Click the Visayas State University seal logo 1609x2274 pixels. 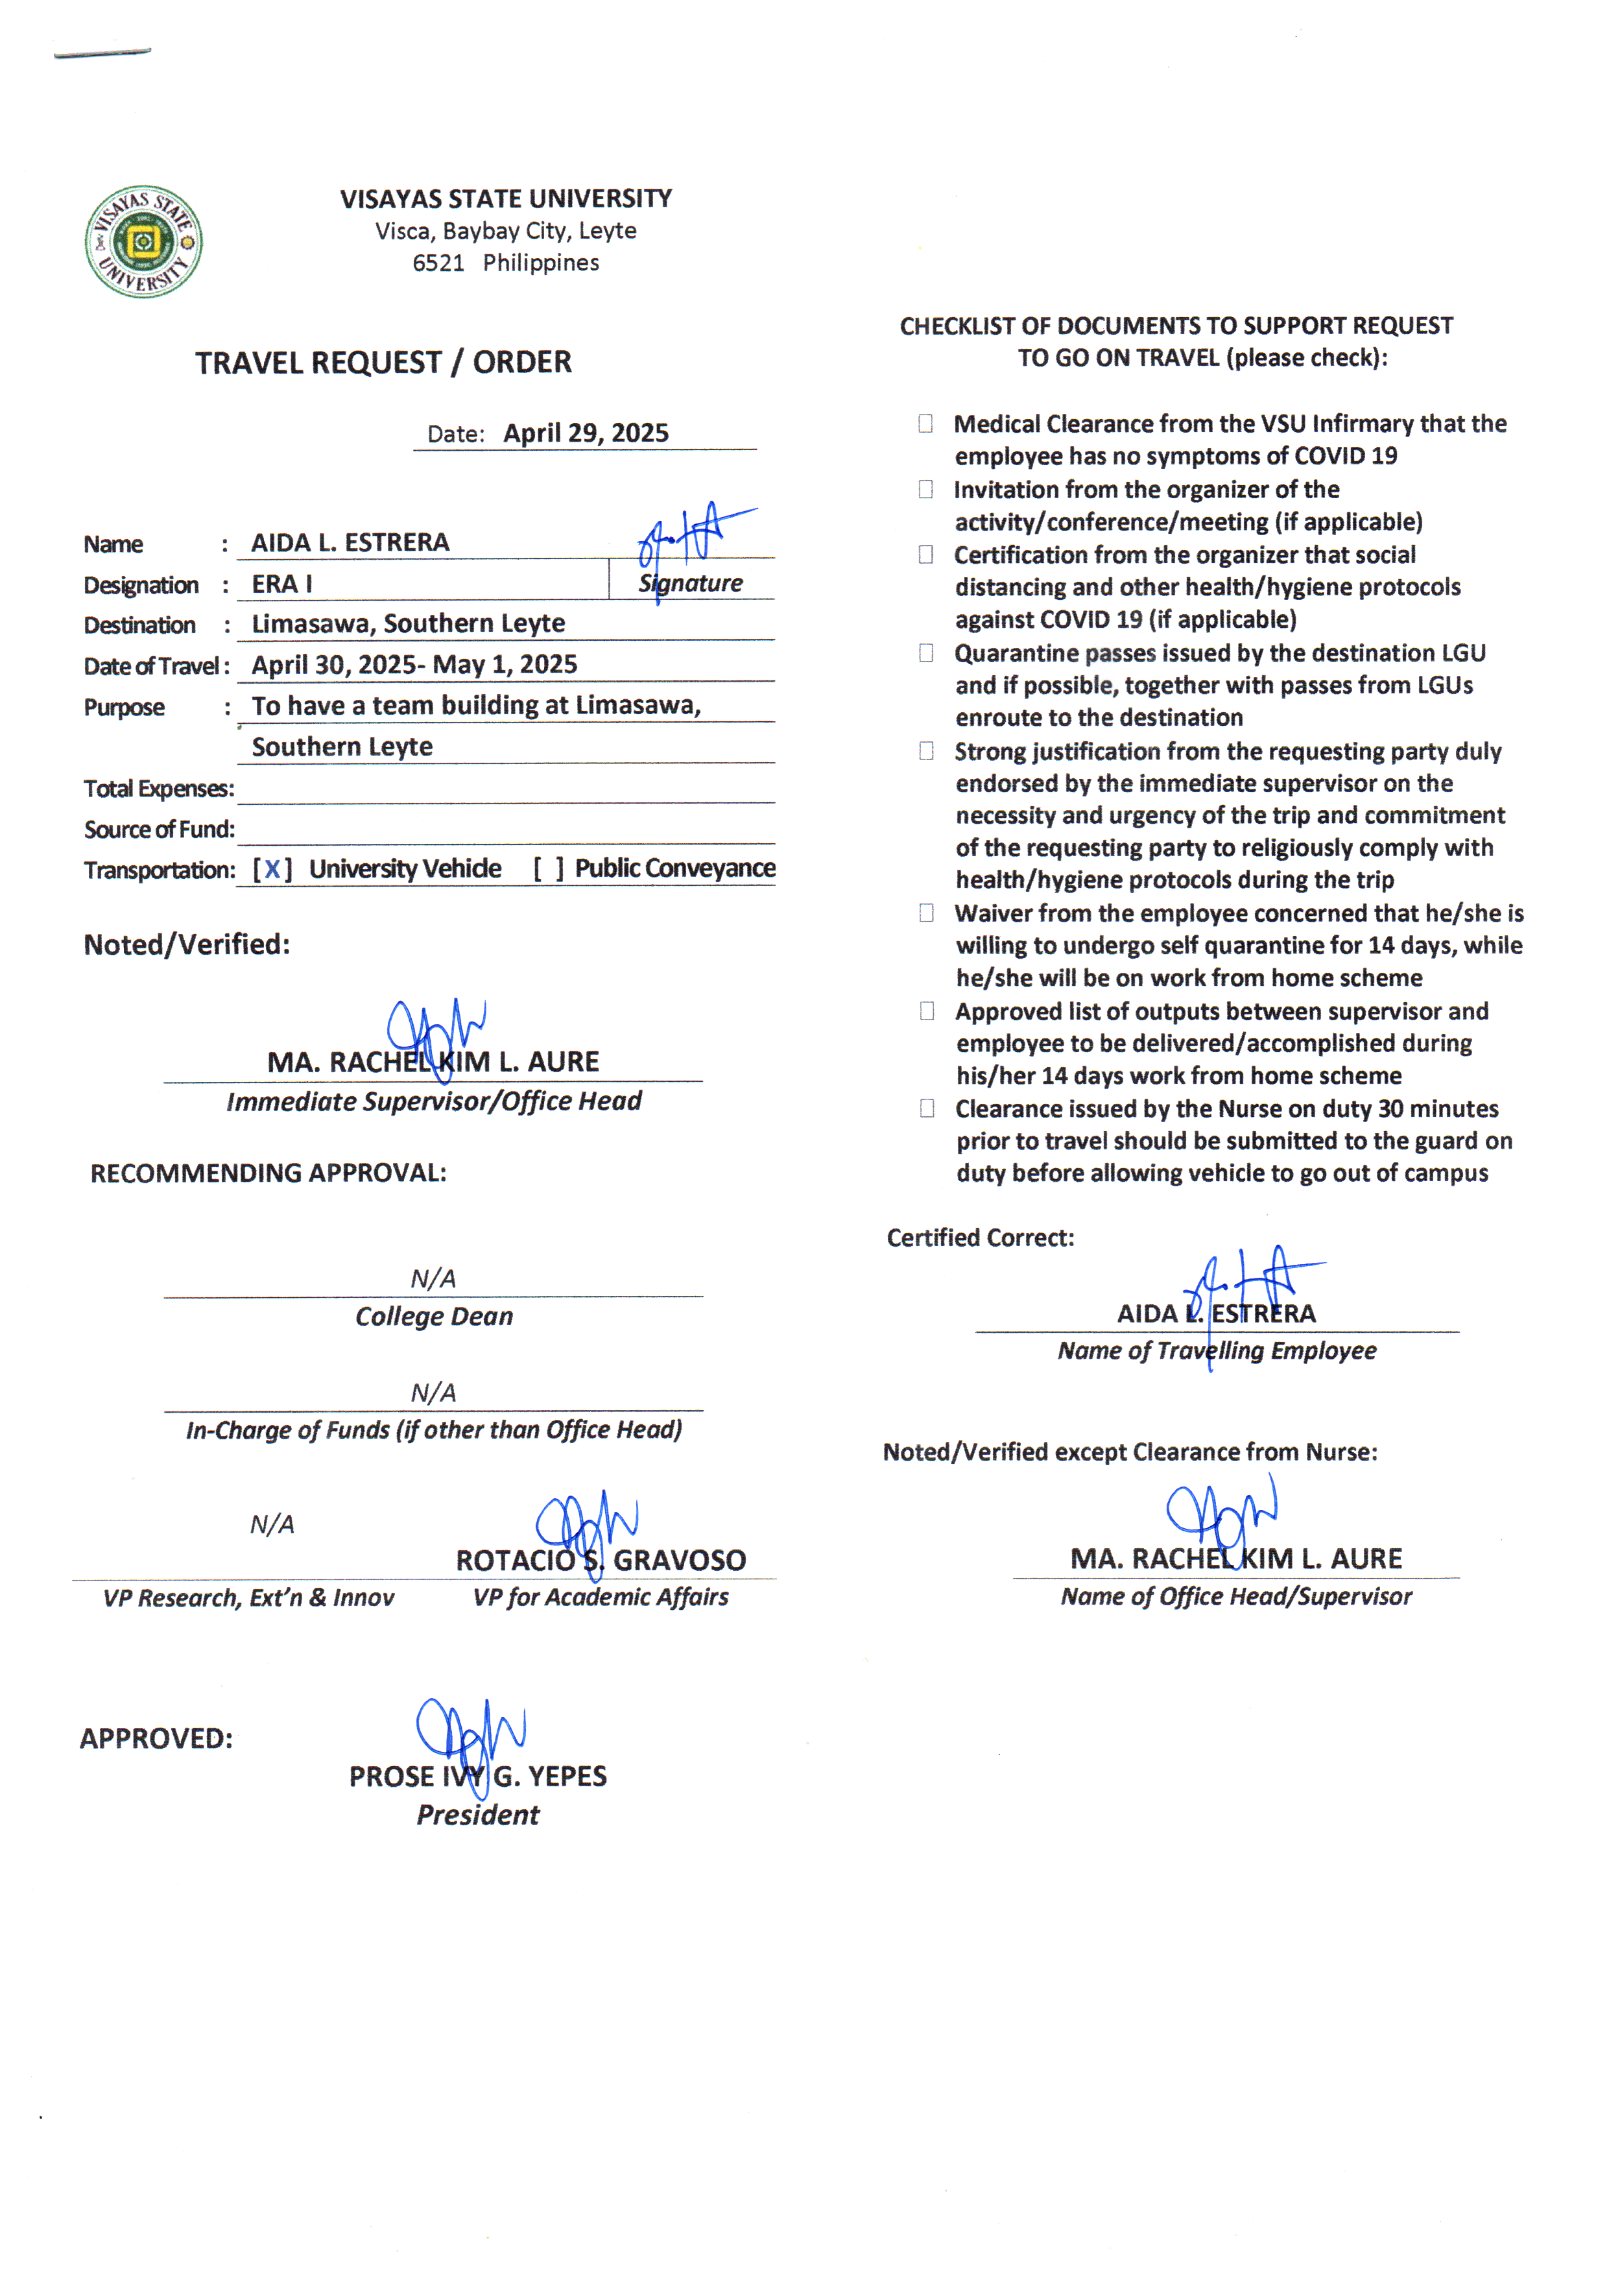pyautogui.click(x=144, y=241)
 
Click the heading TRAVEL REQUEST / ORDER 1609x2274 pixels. pyautogui.click(x=383, y=363)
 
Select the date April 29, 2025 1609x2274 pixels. pyautogui.click(x=586, y=433)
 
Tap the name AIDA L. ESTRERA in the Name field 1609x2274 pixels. pyautogui.click(x=350, y=542)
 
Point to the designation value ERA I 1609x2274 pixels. pyautogui.click(x=281, y=584)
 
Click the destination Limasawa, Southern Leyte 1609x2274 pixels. pyautogui.click(x=408, y=623)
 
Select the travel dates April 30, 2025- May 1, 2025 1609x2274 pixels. pyautogui.click(x=414, y=664)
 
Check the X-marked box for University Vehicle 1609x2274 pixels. pyautogui.click(x=272, y=869)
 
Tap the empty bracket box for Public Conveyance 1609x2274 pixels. pyautogui.click(x=548, y=869)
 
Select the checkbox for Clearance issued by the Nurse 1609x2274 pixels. pyautogui.click(x=925, y=1108)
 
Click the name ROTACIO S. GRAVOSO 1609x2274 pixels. pyautogui.click(x=601, y=1560)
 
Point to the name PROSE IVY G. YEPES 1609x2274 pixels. pyautogui.click(x=477, y=1776)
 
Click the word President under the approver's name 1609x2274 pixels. pyautogui.click(x=477, y=1814)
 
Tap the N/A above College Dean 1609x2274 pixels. pyautogui.click(x=433, y=1278)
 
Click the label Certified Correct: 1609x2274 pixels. pyautogui.click(x=980, y=1238)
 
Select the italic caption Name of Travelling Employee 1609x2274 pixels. pyautogui.click(x=1217, y=1350)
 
